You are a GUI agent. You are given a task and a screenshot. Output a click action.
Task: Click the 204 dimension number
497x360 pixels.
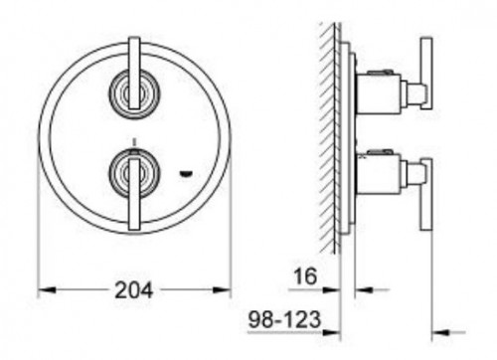click(x=133, y=290)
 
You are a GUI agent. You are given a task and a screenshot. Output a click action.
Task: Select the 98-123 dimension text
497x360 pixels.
click(x=282, y=322)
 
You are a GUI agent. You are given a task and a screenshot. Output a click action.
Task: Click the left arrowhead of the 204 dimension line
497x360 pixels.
click(x=45, y=290)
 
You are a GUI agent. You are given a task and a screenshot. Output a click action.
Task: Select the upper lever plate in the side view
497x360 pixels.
click(x=425, y=75)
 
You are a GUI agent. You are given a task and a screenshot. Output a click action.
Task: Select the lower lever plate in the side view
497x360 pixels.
click(x=425, y=194)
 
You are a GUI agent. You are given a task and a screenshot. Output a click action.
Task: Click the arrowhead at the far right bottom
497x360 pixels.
click(x=441, y=332)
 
